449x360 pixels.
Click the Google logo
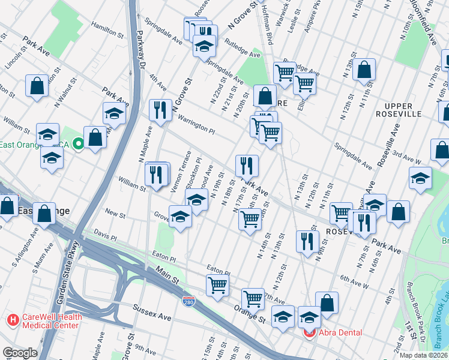point(20,353)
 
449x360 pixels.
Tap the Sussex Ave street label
point(155,316)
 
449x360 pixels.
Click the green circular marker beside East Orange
point(78,144)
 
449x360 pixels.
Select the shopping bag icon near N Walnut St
point(37,85)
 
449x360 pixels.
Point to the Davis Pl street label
point(105,233)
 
